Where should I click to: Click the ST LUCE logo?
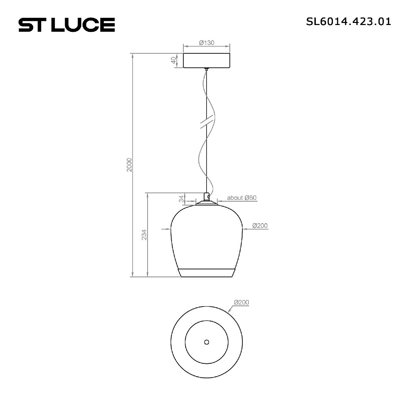point(66,25)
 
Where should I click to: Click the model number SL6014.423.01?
point(348,22)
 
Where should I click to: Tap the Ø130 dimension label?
point(206,43)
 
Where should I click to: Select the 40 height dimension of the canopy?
point(173,60)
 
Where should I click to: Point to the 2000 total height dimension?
point(129,165)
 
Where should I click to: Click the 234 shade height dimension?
point(144,235)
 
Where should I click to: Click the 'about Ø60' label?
point(242,198)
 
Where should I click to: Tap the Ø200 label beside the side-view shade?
point(260,226)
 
